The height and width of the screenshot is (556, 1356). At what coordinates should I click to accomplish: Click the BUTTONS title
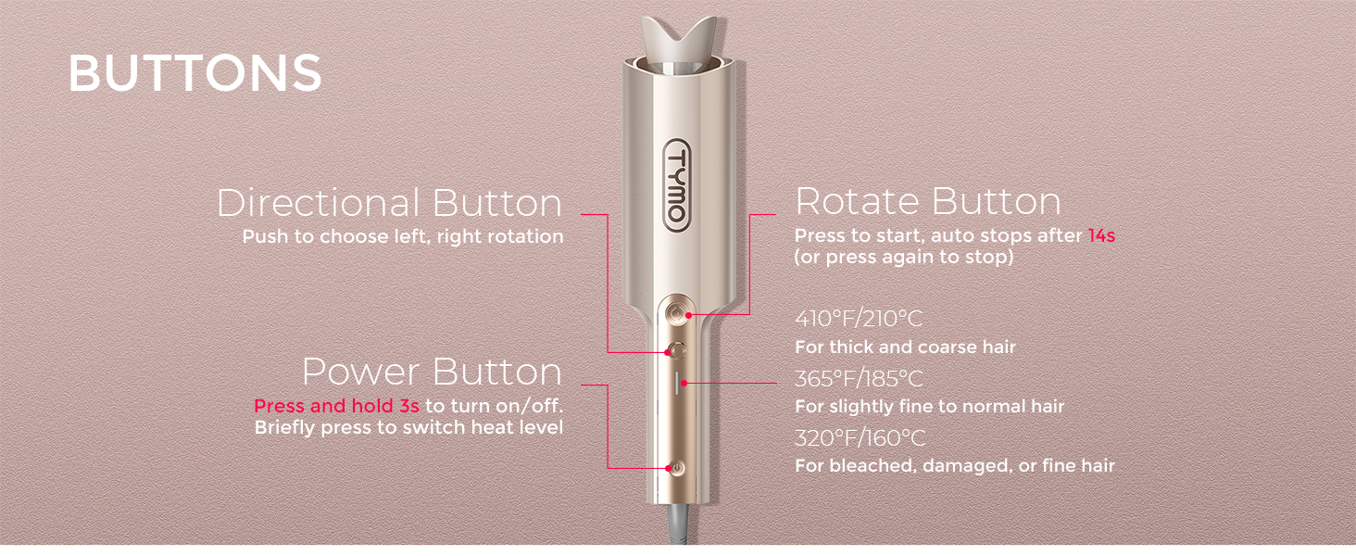[195, 73]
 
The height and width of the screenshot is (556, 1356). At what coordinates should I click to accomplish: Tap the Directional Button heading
[390, 203]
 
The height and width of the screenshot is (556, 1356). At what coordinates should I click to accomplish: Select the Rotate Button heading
[928, 201]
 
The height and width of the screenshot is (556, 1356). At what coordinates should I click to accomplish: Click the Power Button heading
[433, 372]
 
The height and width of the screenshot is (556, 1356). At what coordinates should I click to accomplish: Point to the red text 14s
[1101, 235]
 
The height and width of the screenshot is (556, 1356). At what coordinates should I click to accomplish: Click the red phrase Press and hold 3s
[336, 406]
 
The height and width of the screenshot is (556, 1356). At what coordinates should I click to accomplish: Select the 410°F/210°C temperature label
[859, 319]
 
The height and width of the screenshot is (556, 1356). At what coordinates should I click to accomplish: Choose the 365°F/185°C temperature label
[859, 379]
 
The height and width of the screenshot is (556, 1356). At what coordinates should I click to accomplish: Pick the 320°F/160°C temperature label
[860, 438]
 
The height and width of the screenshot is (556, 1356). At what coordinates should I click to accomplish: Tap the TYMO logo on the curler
[677, 184]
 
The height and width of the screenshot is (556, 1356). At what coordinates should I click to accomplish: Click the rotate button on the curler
[675, 314]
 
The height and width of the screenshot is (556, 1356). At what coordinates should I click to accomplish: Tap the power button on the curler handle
[677, 468]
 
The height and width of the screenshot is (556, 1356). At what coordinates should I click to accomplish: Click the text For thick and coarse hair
[905, 347]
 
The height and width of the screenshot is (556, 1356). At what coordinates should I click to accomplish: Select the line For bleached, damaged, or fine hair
[955, 466]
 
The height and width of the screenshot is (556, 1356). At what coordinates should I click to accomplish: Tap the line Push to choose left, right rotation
[403, 236]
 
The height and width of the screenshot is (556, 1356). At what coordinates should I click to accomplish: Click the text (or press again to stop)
[904, 257]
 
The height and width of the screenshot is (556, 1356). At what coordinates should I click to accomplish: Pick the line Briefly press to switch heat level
[408, 427]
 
